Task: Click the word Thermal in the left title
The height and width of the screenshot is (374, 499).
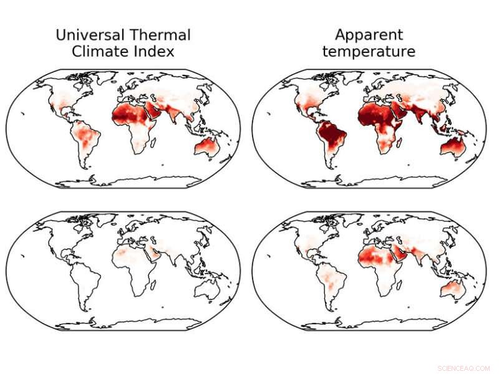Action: coord(160,35)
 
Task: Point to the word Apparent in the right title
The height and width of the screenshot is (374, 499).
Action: coord(369,35)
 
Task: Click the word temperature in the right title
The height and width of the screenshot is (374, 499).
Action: coord(369,52)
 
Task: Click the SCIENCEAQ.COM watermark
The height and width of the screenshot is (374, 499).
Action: coord(464,368)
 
